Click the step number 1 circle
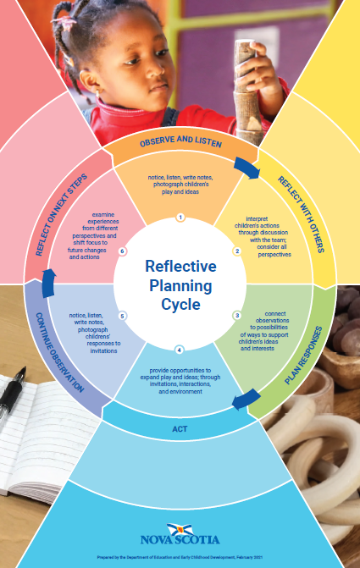[180, 218]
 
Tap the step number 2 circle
[237, 251]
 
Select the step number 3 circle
[237, 316]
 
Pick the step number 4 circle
[179, 350]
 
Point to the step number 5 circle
[122, 316]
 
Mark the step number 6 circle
[123, 251]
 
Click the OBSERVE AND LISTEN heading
[180, 141]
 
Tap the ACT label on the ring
[180, 429]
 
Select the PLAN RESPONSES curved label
[304, 355]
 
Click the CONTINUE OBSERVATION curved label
[60, 352]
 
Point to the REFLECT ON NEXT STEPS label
[61, 214]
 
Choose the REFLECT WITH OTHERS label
[301, 214]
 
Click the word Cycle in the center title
[180, 304]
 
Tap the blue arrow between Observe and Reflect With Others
[246, 168]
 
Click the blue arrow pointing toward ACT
[246, 400]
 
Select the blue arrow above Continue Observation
[48, 284]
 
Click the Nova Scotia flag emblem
[180, 530]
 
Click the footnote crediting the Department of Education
[180, 558]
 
